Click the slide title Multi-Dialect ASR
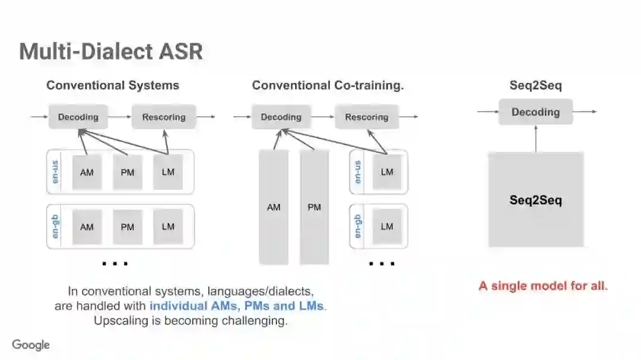(x=111, y=52)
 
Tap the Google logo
(x=31, y=345)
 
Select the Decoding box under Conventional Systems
(x=78, y=117)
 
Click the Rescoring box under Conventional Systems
(x=163, y=117)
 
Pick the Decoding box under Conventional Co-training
(x=281, y=117)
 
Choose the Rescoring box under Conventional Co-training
(x=366, y=117)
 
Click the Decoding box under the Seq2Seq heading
(x=535, y=112)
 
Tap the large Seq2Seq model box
(x=535, y=200)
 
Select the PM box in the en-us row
(x=128, y=173)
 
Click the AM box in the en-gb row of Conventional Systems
(x=87, y=227)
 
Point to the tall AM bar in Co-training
(x=274, y=207)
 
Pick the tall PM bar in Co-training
(x=314, y=207)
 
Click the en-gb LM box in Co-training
(x=387, y=226)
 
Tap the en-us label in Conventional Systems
(x=56, y=172)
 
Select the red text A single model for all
(x=543, y=286)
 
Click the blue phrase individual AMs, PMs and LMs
(x=237, y=306)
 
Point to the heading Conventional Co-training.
(x=328, y=85)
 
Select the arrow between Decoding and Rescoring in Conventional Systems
(x=119, y=117)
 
